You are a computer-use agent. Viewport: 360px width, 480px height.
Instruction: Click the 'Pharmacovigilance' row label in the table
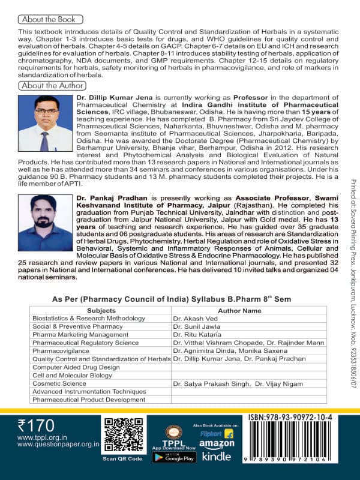(61, 350)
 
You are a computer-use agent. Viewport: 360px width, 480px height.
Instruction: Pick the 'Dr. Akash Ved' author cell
(194, 318)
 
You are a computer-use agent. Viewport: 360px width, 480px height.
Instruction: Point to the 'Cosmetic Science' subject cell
(59, 383)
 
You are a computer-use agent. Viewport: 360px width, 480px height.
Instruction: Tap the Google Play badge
(174, 457)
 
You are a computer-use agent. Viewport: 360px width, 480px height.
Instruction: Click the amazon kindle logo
(216, 450)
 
